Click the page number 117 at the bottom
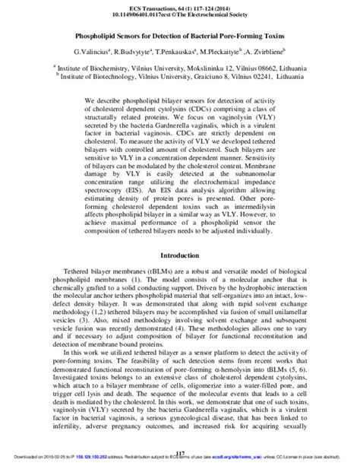tap(180, 454)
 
